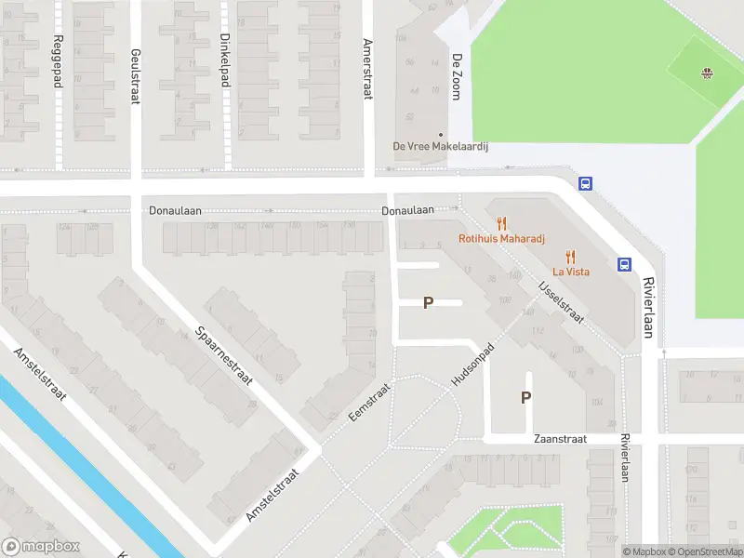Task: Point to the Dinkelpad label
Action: [x=224, y=60]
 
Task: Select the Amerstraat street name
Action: [x=367, y=70]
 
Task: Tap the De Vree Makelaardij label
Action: [x=441, y=146]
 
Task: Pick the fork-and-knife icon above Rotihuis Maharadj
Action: [x=502, y=222]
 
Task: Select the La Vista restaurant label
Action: [x=571, y=272]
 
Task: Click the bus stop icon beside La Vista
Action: [x=624, y=264]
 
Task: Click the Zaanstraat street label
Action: [x=560, y=439]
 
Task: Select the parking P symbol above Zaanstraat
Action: [x=525, y=397]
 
